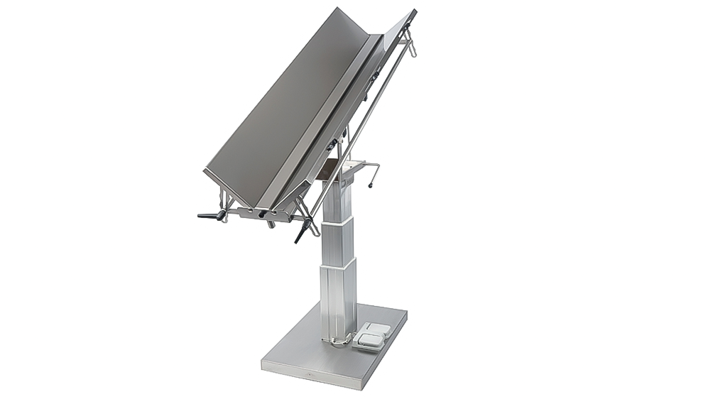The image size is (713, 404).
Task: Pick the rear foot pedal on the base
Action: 377,329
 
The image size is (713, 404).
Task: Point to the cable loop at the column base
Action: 339,342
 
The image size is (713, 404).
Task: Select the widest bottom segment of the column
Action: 338,298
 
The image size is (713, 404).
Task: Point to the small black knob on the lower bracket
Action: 262,214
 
